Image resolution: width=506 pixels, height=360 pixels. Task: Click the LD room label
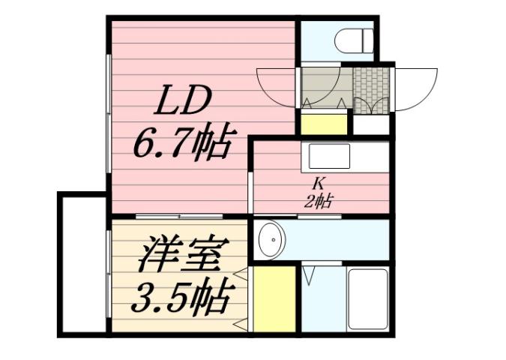tap(184, 101)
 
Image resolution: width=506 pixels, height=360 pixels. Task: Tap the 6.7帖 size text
tap(180, 142)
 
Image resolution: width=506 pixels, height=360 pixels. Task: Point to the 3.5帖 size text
tap(181, 298)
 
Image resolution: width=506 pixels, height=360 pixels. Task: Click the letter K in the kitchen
tap(318, 182)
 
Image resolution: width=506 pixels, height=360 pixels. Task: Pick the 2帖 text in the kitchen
tap(319, 200)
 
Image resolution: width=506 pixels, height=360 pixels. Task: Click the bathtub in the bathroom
tap(367, 298)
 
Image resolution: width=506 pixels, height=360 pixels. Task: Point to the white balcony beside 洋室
tap(82, 262)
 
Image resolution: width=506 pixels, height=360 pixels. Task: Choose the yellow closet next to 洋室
tap(274, 298)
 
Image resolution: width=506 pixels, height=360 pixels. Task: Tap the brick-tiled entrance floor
tap(371, 91)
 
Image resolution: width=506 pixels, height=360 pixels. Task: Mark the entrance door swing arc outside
tap(416, 88)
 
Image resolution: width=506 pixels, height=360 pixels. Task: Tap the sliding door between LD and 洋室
tap(180, 217)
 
